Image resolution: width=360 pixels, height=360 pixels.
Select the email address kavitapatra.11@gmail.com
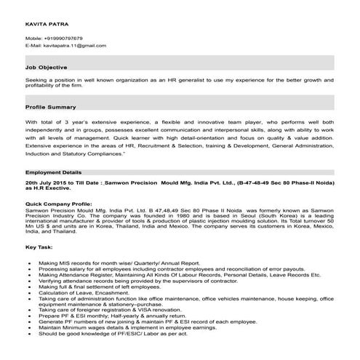point(79,45)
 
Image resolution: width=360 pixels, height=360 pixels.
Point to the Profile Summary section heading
point(51,107)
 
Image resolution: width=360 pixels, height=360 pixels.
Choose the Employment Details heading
point(55,172)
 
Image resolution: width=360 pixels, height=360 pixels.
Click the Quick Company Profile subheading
point(59,204)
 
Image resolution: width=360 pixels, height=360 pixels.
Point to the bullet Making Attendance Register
point(179,276)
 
